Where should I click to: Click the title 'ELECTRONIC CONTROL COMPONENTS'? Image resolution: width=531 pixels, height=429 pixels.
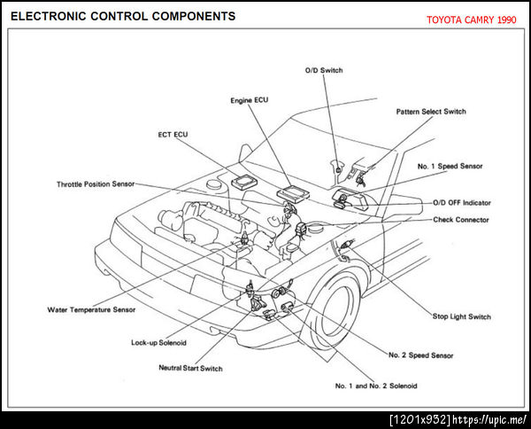pyautogui.click(x=123, y=16)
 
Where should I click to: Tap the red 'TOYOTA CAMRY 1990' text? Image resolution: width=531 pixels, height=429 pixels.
pyautogui.click(x=472, y=19)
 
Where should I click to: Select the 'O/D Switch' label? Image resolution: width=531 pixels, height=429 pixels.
pyautogui.click(x=323, y=70)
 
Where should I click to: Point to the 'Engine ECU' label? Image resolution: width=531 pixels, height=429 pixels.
pyautogui.click(x=249, y=100)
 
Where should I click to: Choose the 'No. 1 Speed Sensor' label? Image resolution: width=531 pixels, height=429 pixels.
pyautogui.click(x=450, y=166)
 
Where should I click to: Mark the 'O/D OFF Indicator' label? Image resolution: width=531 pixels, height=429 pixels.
pyautogui.click(x=462, y=202)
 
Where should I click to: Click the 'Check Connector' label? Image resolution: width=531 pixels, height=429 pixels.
pyautogui.click(x=461, y=220)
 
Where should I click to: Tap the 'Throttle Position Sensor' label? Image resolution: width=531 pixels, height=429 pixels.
pyautogui.click(x=95, y=183)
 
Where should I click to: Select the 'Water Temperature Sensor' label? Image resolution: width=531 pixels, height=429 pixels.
pyautogui.click(x=91, y=310)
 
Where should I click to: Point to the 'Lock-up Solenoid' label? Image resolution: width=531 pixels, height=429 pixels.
pyautogui.click(x=158, y=342)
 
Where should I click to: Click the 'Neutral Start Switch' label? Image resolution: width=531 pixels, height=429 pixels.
pyautogui.click(x=190, y=368)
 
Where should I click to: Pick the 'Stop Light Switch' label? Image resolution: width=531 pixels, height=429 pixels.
pyautogui.click(x=461, y=316)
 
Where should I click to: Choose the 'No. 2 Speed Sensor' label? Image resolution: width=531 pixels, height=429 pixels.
pyautogui.click(x=420, y=355)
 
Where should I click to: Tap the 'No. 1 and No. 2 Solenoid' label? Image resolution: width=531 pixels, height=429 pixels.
pyautogui.click(x=376, y=386)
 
